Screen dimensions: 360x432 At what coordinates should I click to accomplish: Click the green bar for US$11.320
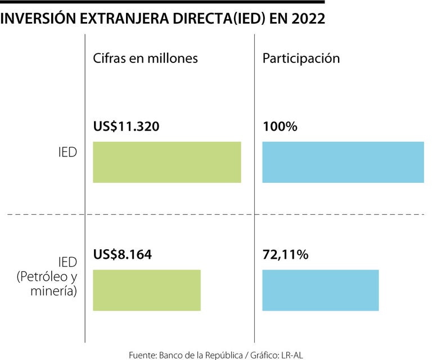tap(167, 162)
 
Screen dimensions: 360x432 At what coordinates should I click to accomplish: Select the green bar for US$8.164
tap(147, 290)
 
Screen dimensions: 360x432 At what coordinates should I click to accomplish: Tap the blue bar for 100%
tap(343, 162)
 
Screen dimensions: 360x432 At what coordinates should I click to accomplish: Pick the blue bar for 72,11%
tap(321, 290)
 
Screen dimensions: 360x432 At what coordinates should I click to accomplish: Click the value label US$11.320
tap(127, 127)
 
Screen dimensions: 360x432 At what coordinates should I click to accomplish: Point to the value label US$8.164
tap(123, 254)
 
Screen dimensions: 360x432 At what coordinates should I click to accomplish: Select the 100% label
tap(280, 127)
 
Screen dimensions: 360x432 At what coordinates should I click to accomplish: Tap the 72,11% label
tap(285, 254)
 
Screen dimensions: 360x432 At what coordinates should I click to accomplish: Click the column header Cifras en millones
tap(145, 58)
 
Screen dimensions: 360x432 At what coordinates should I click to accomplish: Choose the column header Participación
tap(301, 58)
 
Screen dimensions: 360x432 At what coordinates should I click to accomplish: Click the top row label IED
tap(67, 152)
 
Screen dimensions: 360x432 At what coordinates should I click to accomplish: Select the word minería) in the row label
tap(55, 292)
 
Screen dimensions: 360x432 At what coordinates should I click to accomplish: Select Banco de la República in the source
tap(203, 354)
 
